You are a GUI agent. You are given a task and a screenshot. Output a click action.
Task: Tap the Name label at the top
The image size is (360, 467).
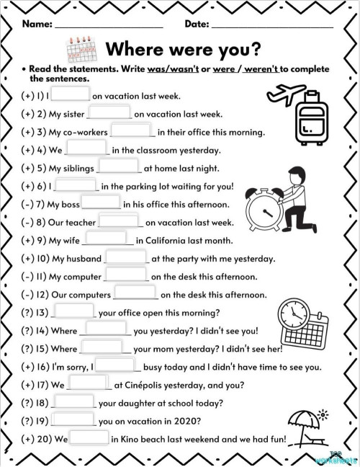coord(37,24)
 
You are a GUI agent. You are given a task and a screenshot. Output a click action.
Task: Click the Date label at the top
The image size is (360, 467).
coord(197,24)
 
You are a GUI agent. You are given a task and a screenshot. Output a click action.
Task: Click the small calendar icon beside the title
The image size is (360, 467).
coord(81,49)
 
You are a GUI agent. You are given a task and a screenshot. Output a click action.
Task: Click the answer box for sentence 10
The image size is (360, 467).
coord(126,257)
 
